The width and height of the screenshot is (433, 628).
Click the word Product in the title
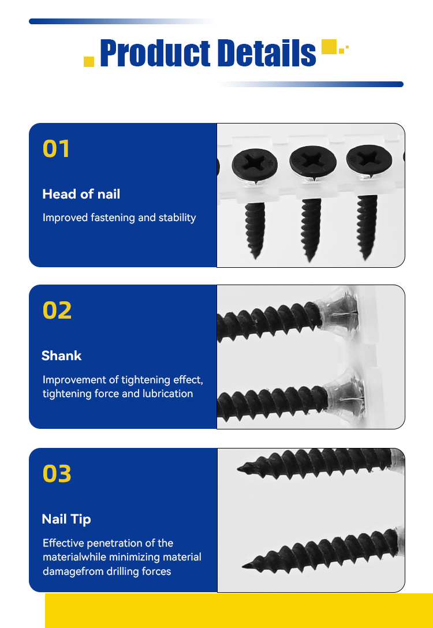[155, 53]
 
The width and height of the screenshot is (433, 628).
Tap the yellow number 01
[57, 148]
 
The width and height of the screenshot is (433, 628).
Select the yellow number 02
[57, 311]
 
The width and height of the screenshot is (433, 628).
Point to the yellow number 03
[57, 473]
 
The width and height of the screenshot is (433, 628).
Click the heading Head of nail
[81, 195]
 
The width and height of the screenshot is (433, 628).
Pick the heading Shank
[61, 356]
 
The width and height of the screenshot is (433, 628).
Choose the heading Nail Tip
[66, 519]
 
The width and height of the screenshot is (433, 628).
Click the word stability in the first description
[177, 218]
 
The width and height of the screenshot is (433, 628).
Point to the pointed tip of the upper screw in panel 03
[238, 469]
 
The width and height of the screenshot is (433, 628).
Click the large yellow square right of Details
[329, 46]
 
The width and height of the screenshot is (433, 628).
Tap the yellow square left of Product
[89, 62]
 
